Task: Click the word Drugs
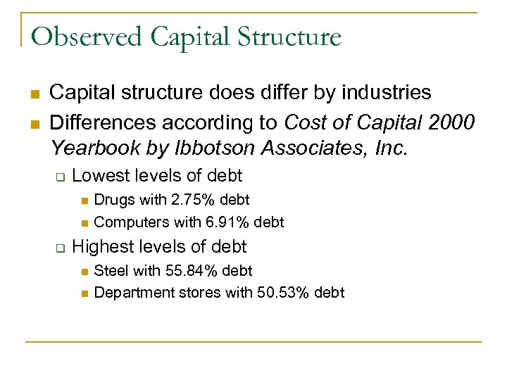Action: tap(113, 200)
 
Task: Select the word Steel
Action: tap(111, 270)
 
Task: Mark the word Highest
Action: tap(101, 246)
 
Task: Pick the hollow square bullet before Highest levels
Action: tap(60, 248)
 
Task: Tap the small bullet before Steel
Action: tap(83, 271)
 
